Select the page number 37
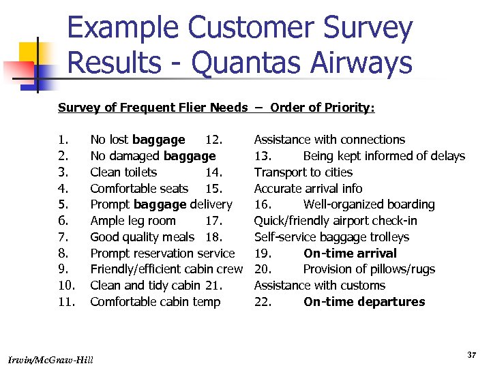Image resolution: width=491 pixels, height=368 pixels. (471, 355)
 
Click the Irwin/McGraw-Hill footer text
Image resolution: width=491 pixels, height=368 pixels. (52, 358)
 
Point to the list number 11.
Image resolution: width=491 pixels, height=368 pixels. (66, 302)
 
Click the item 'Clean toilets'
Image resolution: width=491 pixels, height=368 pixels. (123, 172)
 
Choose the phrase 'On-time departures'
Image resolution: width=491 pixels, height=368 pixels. (364, 302)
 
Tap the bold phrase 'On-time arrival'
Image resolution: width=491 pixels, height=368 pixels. (350, 254)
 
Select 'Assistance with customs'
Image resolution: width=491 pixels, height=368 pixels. (320, 286)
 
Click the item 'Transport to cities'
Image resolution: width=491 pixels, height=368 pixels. (303, 172)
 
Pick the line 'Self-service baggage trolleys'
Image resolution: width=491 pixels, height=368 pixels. (331, 237)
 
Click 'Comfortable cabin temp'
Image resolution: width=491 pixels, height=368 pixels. (155, 302)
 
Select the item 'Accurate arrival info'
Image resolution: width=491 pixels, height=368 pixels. (308, 189)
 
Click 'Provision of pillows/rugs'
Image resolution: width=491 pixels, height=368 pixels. (369, 269)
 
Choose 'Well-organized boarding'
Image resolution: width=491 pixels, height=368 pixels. (369, 204)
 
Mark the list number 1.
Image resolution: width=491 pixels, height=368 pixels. (62, 140)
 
